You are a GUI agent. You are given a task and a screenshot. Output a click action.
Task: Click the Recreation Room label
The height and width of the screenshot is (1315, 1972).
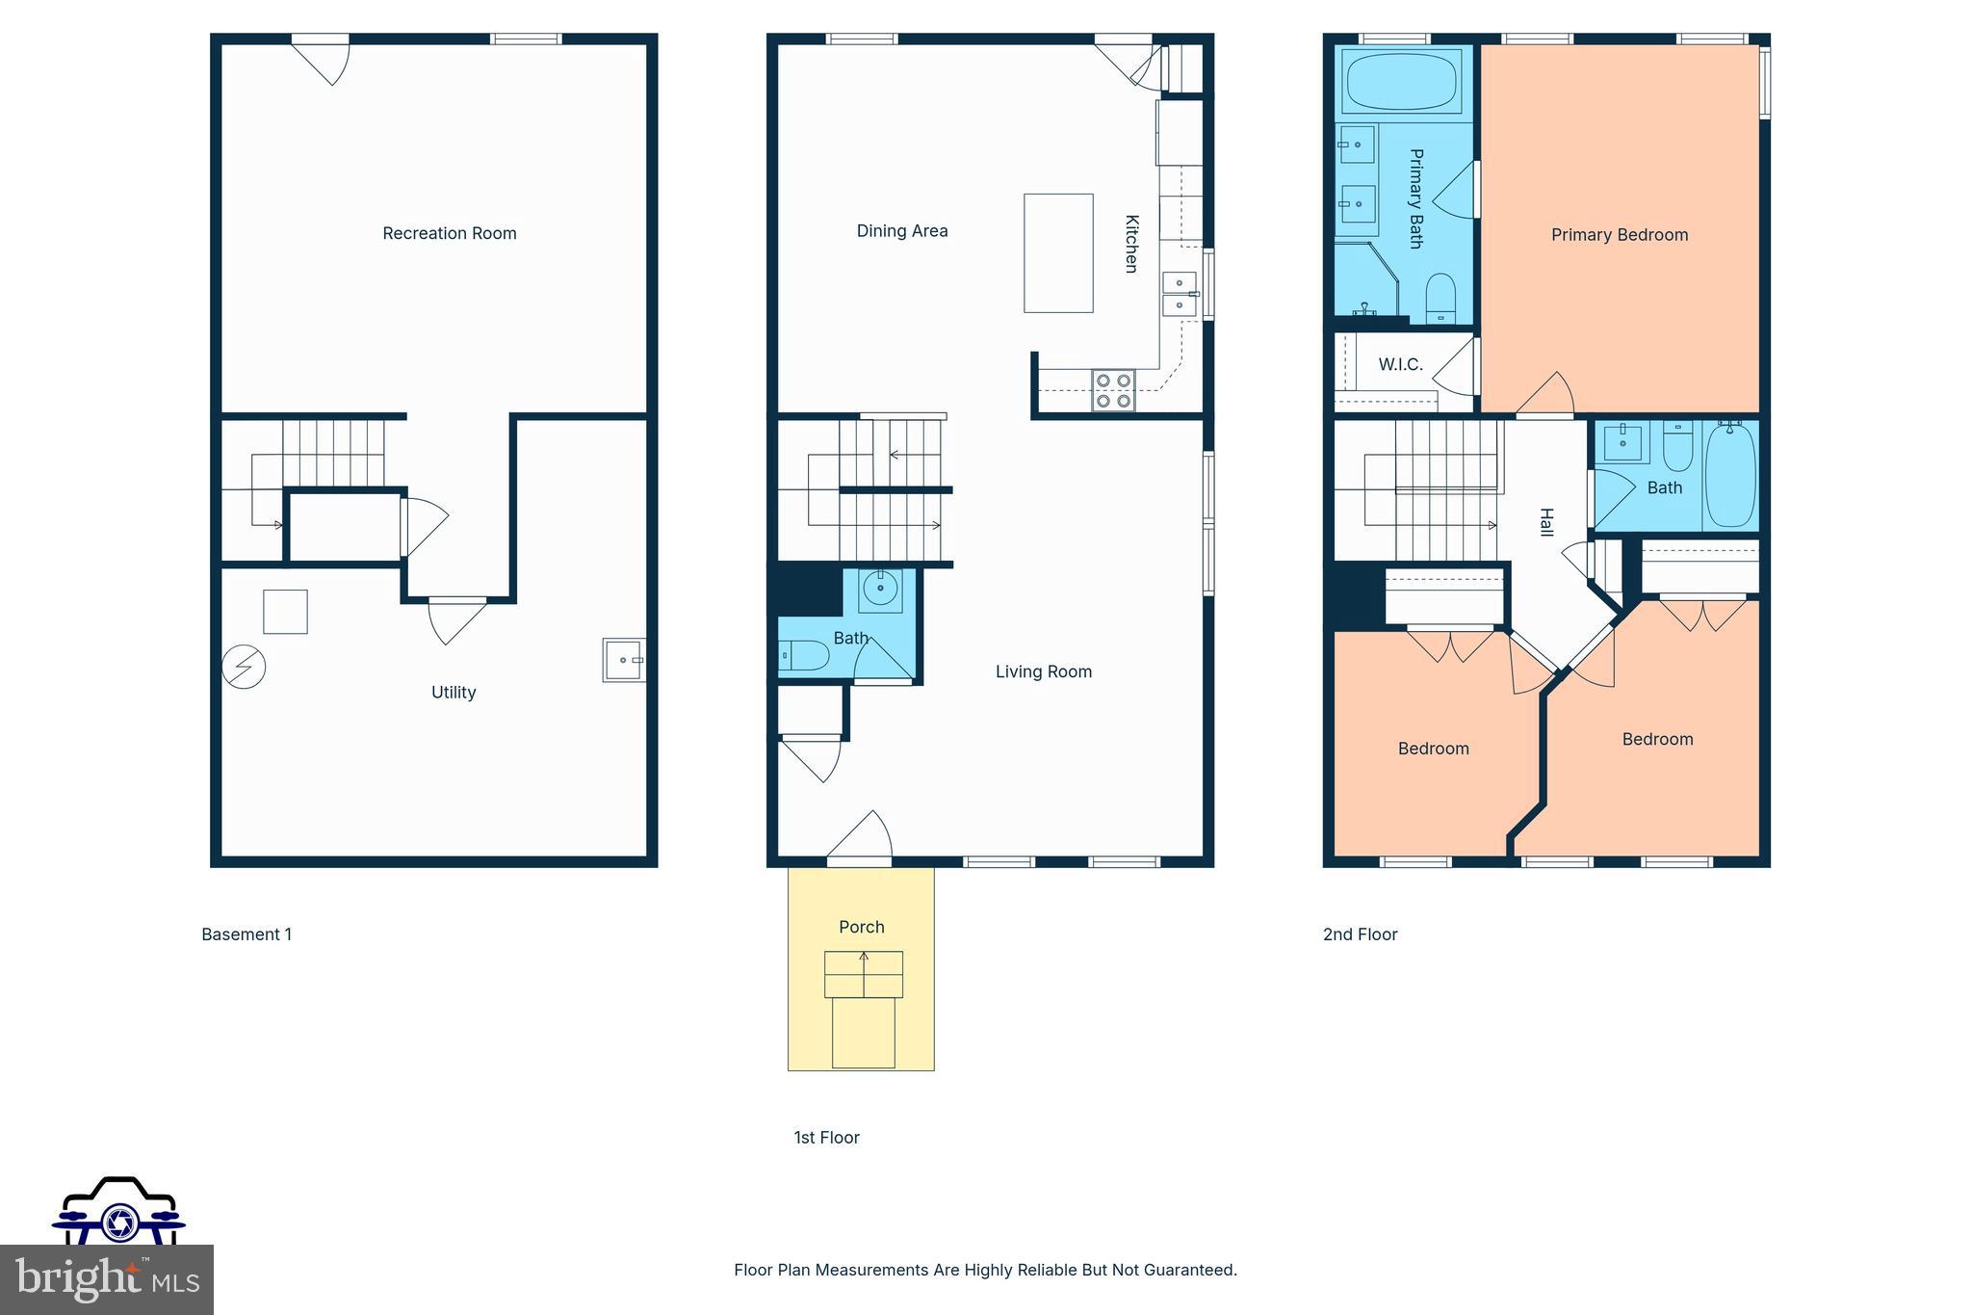(x=449, y=233)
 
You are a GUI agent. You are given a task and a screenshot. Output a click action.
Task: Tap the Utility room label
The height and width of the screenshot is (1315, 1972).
(x=453, y=692)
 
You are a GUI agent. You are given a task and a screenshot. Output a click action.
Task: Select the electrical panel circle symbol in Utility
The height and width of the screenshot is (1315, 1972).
(x=244, y=667)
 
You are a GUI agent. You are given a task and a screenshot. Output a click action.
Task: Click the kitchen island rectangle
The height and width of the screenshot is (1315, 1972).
(x=1057, y=253)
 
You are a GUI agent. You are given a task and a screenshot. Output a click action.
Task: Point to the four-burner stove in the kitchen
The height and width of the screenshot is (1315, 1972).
(x=1113, y=390)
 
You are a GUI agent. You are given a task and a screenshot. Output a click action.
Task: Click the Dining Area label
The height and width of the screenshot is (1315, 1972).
(x=901, y=231)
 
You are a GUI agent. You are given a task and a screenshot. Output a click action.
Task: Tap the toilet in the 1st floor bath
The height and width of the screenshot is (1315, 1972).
(x=803, y=655)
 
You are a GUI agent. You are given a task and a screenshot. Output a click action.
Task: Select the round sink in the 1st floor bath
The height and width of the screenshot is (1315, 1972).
(x=880, y=588)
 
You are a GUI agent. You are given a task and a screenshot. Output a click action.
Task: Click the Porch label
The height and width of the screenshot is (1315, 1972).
(x=861, y=927)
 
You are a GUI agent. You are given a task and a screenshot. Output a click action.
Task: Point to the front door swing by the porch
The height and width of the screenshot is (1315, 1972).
(x=865, y=834)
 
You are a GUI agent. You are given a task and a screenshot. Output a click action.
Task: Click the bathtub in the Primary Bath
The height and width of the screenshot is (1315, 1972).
(x=1401, y=83)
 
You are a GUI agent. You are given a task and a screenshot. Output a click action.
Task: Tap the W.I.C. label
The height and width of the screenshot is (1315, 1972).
(x=1400, y=364)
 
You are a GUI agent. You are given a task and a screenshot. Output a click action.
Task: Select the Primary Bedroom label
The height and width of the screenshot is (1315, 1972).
(x=1619, y=235)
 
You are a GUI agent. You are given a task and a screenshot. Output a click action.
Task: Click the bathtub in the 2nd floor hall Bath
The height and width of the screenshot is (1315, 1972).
(x=1729, y=476)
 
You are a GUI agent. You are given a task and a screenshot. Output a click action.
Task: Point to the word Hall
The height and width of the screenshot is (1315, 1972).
(x=1545, y=522)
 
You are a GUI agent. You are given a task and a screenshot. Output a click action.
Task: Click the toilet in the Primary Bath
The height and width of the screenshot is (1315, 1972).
(x=1440, y=298)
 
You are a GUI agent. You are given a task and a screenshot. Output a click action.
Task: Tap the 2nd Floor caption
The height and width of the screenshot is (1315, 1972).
(x=1360, y=934)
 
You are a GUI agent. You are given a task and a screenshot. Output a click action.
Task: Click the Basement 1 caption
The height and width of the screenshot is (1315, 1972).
(x=246, y=934)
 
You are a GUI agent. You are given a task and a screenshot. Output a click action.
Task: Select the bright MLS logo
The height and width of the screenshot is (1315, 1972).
(x=106, y=1279)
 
